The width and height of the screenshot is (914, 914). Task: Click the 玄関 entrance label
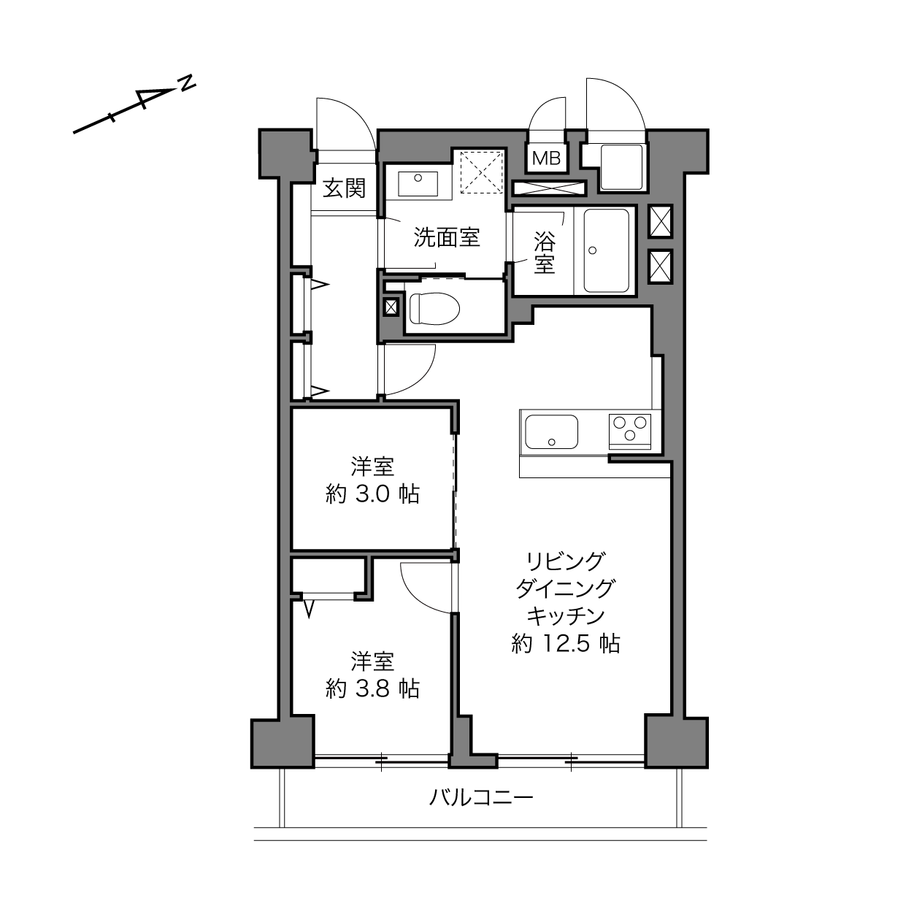click(x=344, y=188)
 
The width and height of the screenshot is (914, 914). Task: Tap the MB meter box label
click(x=546, y=158)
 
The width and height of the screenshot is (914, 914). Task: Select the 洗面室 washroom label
click(x=447, y=237)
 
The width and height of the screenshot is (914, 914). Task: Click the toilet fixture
click(x=434, y=308)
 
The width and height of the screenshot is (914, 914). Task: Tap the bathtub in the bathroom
click(x=606, y=251)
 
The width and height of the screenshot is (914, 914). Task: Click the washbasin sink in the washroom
click(x=418, y=183)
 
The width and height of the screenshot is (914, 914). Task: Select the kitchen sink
click(x=552, y=432)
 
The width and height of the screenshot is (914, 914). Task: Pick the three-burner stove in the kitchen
click(x=629, y=431)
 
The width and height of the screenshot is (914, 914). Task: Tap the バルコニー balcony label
click(x=481, y=797)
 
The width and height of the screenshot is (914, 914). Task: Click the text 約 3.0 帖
click(x=372, y=495)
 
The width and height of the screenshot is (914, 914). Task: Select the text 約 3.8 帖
click(x=372, y=688)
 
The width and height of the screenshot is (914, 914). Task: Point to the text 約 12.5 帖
click(x=566, y=644)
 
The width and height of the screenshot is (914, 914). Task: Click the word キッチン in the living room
click(x=566, y=616)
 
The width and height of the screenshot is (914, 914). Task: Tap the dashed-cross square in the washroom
click(x=482, y=172)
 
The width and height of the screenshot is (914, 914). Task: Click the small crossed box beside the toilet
click(x=391, y=307)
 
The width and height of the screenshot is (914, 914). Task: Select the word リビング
click(x=566, y=561)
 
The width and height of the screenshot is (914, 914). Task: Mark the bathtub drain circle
click(x=592, y=250)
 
